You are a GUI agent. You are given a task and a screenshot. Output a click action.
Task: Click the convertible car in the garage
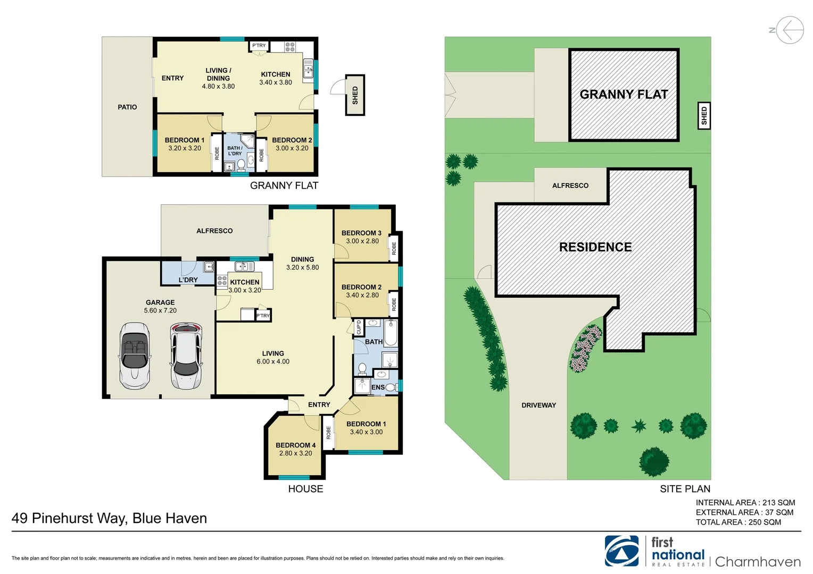coord(135,356)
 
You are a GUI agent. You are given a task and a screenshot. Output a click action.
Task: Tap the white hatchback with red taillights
coord(186,356)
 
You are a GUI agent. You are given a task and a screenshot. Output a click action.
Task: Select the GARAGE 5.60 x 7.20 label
coord(160,306)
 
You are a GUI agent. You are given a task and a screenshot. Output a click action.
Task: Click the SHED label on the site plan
coord(704,115)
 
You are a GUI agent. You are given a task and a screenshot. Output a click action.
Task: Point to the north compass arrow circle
coord(790,30)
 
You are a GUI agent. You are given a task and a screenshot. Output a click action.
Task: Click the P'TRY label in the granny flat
coord(259,46)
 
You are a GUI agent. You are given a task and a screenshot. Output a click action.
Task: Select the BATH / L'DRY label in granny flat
coord(235,151)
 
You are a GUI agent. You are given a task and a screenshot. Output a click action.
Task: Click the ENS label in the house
coord(378,387)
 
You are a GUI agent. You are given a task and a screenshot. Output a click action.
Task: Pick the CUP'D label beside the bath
coord(359,327)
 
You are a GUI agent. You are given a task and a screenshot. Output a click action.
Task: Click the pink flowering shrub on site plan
coord(585,348)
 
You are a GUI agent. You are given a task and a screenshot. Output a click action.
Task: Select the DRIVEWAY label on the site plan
coord(538,405)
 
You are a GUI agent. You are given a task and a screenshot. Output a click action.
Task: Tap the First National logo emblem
coord(621,551)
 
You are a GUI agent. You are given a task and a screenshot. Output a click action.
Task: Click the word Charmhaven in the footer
coord(758,562)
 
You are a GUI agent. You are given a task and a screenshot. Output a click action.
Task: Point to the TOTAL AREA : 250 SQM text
coord(739,522)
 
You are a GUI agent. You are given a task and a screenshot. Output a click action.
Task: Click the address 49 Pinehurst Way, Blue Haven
coord(109,518)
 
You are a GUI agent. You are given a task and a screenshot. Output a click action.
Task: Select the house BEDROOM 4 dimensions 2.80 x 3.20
coord(295,453)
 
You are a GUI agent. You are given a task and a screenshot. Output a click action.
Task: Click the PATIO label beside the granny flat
coord(127,107)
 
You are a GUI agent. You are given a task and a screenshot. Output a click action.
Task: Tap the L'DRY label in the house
coord(188,280)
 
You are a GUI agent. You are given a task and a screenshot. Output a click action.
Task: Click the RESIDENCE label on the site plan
coord(595,247)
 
